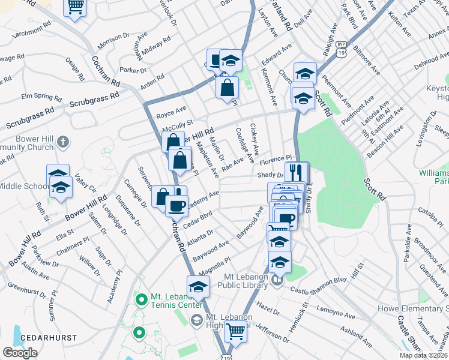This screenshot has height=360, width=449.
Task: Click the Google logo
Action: pos(20,353)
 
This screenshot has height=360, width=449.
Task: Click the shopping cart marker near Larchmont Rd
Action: pos(75,7)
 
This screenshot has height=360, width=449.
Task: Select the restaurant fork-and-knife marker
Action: pos(294,173)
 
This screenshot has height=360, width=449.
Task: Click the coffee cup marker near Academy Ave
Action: pos(176,205)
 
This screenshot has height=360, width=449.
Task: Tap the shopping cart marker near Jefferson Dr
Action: pos(236,330)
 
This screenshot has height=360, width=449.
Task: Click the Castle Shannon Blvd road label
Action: pos(319,285)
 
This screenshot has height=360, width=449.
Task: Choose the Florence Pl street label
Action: pos(280,160)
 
